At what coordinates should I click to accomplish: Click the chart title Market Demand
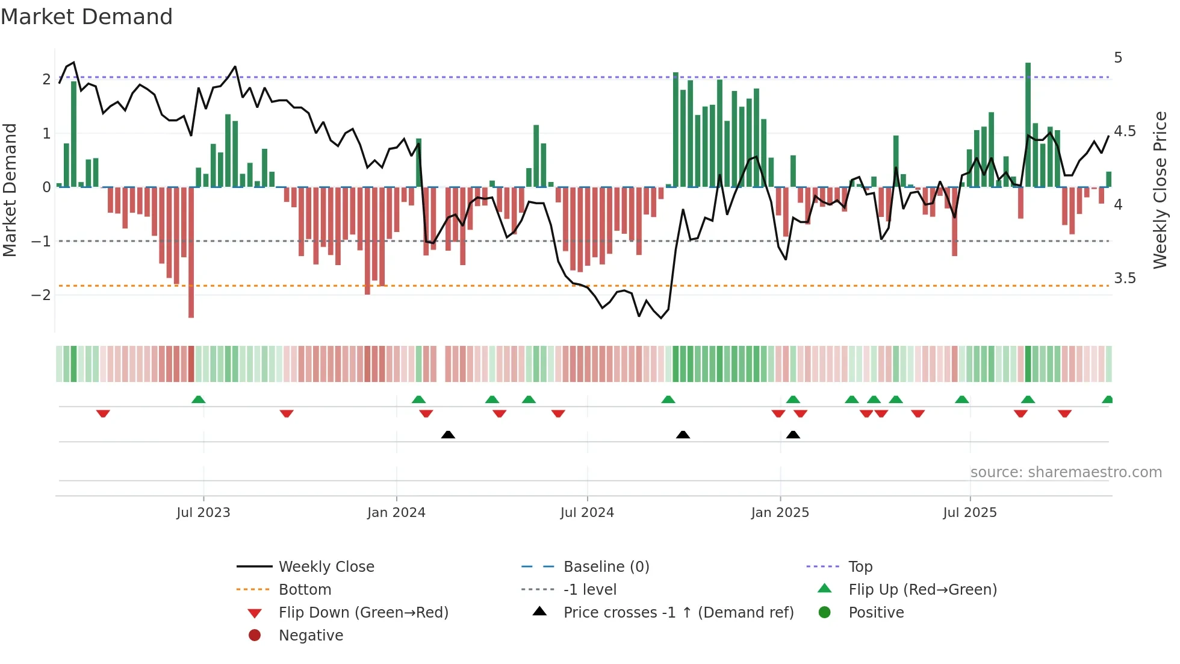87,17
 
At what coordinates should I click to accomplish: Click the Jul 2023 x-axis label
203,513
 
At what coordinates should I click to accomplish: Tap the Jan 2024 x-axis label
396,513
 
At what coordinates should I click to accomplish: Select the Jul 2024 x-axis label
587,513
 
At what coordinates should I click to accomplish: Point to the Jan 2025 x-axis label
780,513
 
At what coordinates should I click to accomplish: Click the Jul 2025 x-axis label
970,513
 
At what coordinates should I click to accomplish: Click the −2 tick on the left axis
41,295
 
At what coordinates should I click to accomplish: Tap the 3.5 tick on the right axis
1125,278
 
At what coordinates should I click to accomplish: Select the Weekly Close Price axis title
1160,190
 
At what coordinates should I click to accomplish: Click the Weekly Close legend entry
326,567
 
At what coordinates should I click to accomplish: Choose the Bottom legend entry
305,590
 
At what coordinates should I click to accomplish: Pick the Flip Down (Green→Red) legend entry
363,613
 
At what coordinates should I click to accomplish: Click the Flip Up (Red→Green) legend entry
922,590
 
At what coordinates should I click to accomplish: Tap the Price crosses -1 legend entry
678,613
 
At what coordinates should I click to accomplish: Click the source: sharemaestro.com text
1066,472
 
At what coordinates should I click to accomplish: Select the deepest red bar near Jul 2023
191,253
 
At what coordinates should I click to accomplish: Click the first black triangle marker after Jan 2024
448,434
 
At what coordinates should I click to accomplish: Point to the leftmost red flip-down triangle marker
103,413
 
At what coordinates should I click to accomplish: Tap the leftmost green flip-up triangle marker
198,399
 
